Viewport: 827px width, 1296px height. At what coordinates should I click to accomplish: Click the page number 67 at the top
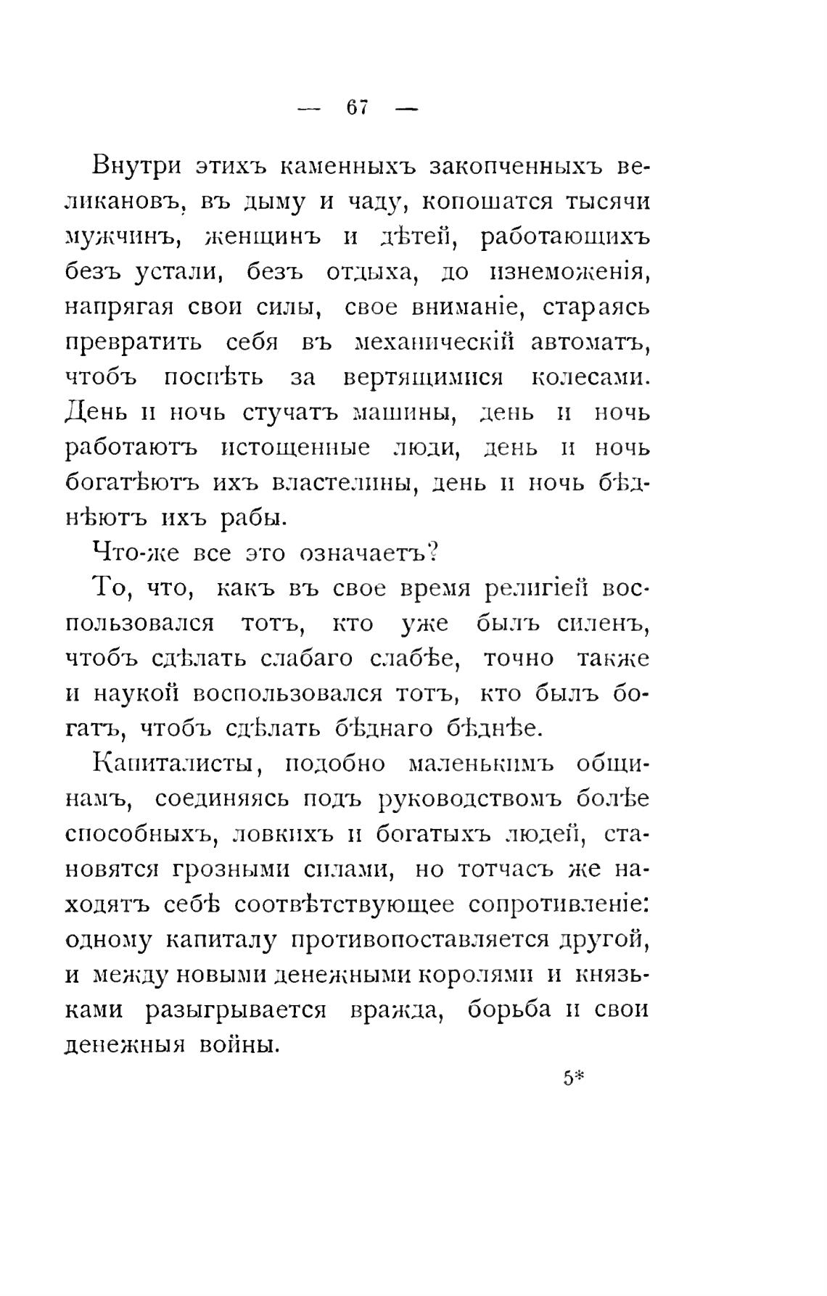[x=358, y=107]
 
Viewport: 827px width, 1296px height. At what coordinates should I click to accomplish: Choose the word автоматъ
[x=590, y=342]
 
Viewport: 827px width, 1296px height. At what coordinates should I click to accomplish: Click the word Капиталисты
[x=177, y=764]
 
